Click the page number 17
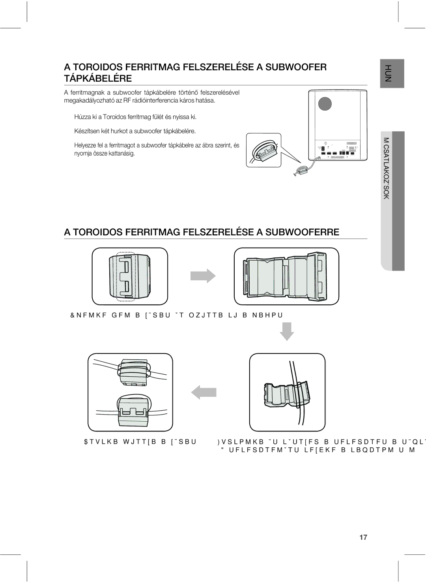(x=363, y=537)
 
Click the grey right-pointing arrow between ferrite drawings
(x=203, y=276)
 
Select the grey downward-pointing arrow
(x=287, y=331)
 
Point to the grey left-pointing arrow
(x=204, y=392)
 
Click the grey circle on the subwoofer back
(x=325, y=104)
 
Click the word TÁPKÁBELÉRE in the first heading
(x=98, y=78)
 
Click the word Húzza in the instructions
(x=82, y=117)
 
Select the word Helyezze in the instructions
(x=85, y=145)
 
